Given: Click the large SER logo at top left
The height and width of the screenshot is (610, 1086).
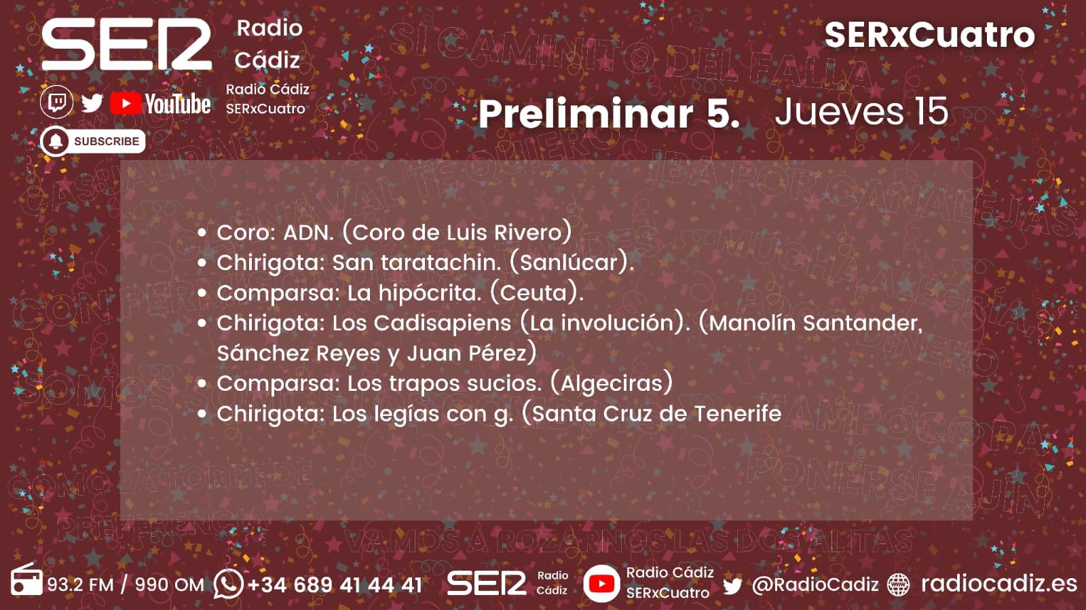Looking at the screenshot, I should [127, 44].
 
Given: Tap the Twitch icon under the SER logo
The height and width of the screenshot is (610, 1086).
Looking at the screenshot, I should [57, 103].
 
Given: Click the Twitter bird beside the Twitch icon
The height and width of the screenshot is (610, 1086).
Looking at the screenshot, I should [92, 103].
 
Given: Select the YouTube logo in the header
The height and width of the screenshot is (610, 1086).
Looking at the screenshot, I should [160, 104].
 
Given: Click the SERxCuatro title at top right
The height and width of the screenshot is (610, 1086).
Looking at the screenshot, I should [929, 35].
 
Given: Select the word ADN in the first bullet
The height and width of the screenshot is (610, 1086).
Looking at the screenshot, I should [308, 233].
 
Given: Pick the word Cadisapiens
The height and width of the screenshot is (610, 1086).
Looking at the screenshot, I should [442, 323].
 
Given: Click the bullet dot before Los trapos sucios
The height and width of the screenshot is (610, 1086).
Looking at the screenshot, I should [202, 384].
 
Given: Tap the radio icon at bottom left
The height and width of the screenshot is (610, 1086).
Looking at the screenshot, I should [26, 581].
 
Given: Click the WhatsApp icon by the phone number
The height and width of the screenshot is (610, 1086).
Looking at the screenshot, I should [228, 583].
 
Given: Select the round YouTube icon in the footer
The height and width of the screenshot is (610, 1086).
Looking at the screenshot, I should [601, 584].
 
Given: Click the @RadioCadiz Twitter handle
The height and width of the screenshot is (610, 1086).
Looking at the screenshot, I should [815, 585].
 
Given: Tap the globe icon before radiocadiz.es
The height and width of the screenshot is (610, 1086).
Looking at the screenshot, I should [899, 584].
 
